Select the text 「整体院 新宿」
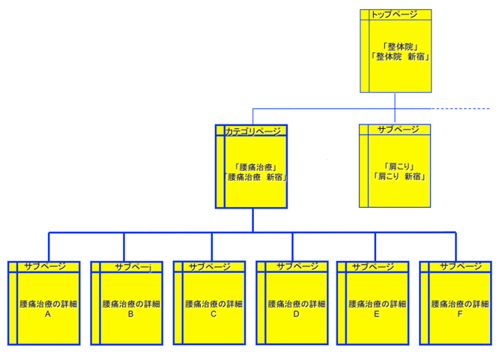pos(400,57)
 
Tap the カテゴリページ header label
pos(253,131)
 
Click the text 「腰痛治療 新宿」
pos(257,178)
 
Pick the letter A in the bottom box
pos(48,315)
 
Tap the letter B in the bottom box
pos(130,315)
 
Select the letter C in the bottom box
pos(213,315)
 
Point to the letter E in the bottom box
pos(377,315)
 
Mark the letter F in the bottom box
pos(460,315)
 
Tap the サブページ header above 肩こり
pos(398,130)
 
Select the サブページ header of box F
pos(460,266)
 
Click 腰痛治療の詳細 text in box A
pos(48,304)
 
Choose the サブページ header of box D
pos(297,266)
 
